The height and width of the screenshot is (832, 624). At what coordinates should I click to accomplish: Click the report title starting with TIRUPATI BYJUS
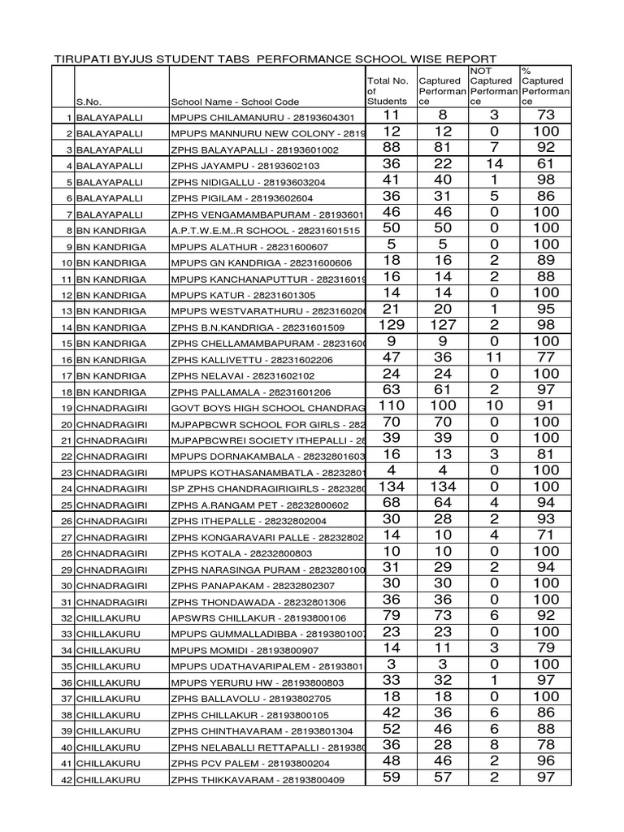tap(274, 58)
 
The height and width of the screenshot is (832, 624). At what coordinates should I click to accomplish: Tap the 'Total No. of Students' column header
tap(388, 91)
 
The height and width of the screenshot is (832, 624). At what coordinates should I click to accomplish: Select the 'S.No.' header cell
tap(89, 102)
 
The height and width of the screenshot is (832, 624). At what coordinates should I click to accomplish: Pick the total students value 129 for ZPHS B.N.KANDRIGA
tap(392, 325)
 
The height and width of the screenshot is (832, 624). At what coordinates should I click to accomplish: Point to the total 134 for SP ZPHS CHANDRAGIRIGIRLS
tap(392, 486)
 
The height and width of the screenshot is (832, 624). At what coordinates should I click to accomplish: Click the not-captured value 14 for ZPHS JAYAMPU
tap(494, 164)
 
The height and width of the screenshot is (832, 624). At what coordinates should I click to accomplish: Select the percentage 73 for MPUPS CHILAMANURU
tap(546, 115)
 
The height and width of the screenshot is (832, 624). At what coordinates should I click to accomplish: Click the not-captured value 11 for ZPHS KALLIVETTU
tap(494, 357)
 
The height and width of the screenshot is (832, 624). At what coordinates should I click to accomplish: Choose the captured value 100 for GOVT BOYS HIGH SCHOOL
tap(443, 405)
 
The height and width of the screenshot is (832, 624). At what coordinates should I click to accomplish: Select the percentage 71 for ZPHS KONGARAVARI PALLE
tap(546, 535)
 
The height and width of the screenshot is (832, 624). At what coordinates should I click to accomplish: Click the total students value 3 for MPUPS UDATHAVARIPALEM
tap(392, 664)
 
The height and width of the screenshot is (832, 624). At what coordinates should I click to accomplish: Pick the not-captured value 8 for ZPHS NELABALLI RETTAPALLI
tap(494, 745)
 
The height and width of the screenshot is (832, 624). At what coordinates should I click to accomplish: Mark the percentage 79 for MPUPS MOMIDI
tap(546, 648)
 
